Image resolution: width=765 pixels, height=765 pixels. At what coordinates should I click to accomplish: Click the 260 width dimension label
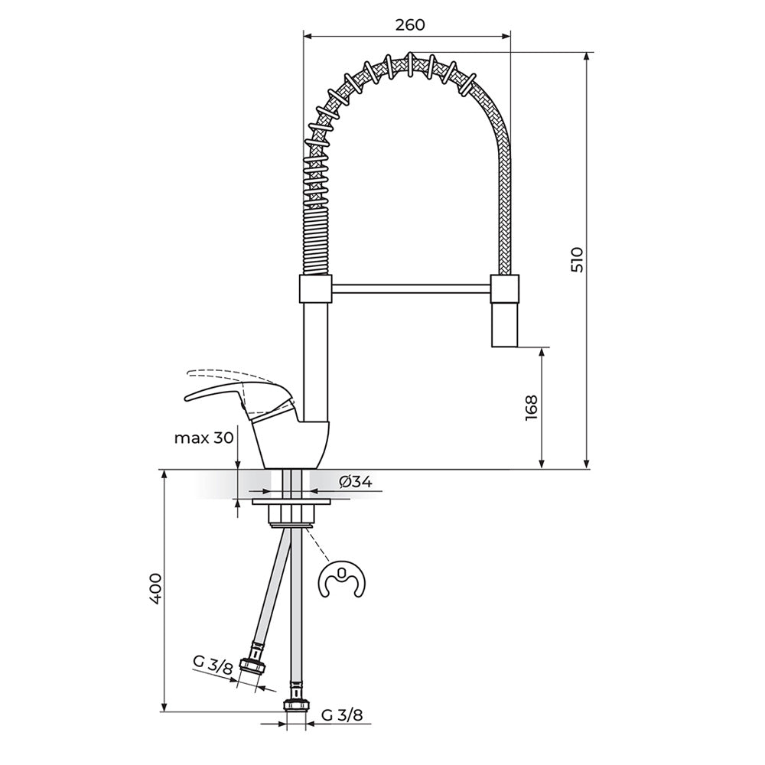410,25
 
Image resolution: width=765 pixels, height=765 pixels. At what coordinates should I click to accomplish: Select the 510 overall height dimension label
577,259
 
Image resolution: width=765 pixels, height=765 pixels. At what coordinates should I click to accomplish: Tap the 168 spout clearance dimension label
531,408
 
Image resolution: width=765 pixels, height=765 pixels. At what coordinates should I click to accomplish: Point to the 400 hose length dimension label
155,589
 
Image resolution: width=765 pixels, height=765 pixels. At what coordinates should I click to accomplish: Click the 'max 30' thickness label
204,438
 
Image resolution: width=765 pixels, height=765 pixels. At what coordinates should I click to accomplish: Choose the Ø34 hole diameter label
355,482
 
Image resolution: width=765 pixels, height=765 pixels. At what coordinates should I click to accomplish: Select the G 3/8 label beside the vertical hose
343,716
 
